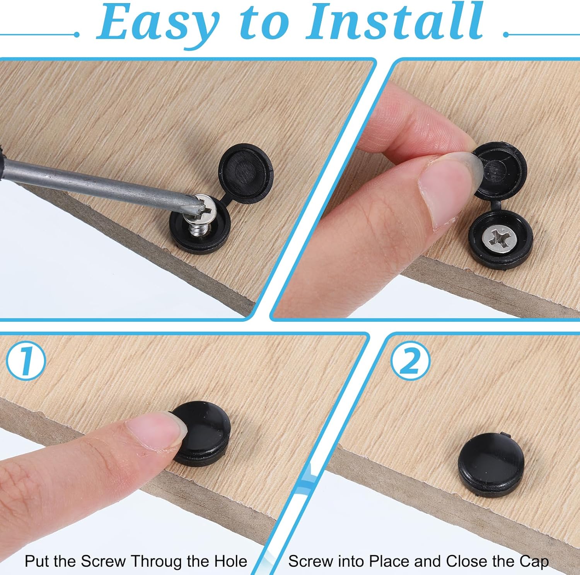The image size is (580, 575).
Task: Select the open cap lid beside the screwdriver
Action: click(x=246, y=170)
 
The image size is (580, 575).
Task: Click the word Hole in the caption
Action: click(x=230, y=561)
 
